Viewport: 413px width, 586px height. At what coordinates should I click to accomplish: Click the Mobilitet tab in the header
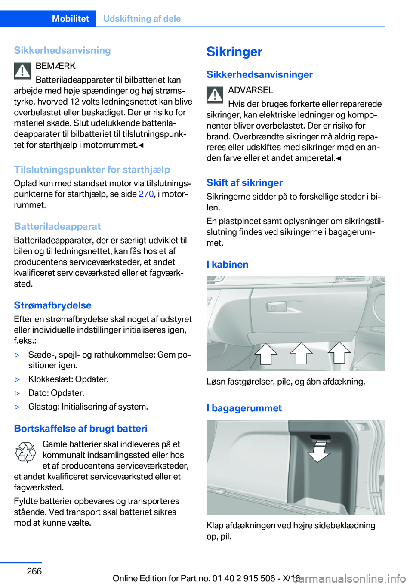tap(70, 19)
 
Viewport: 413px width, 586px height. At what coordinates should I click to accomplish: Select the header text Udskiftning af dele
tap(142, 19)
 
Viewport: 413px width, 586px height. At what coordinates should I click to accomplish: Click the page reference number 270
tap(146, 194)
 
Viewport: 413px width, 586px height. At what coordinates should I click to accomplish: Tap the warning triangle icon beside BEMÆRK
tap(22, 71)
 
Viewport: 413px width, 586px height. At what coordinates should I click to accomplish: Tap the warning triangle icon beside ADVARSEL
tap(215, 95)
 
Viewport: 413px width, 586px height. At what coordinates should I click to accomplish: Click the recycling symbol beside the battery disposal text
tap(25, 452)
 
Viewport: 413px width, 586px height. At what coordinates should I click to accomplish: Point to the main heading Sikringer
tap(234, 52)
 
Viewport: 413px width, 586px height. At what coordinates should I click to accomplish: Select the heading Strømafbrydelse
tap(52, 305)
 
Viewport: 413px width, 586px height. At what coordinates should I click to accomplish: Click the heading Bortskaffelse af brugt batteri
tap(80, 428)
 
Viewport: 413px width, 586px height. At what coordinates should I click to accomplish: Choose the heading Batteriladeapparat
tap(57, 226)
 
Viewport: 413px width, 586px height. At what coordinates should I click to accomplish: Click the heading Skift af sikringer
tap(244, 182)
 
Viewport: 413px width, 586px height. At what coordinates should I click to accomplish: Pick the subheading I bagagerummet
tap(244, 408)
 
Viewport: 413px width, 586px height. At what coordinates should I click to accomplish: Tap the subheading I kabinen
tap(227, 264)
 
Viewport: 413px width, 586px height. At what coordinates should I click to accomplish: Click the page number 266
tap(34, 571)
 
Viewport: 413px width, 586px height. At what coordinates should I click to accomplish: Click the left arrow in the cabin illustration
tap(266, 354)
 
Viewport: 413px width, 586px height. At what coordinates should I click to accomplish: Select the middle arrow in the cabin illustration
tap(301, 353)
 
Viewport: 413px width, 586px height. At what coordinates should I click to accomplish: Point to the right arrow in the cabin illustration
tap(339, 352)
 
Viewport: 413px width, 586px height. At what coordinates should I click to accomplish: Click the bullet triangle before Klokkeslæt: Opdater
tap(18, 379)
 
